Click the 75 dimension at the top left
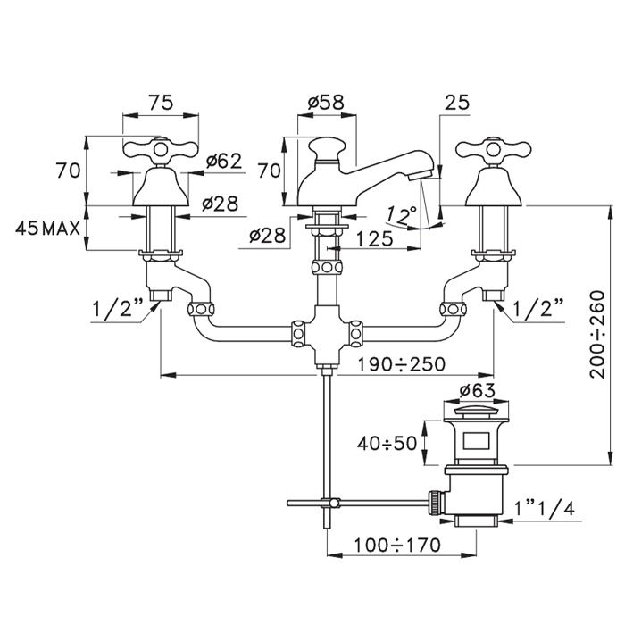point(160,103)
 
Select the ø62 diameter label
point(223,161)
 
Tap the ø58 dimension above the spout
point(327,103)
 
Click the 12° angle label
point(404,215)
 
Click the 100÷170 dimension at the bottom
point(403,544)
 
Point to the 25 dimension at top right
point(456,103)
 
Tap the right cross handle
point(485,150)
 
